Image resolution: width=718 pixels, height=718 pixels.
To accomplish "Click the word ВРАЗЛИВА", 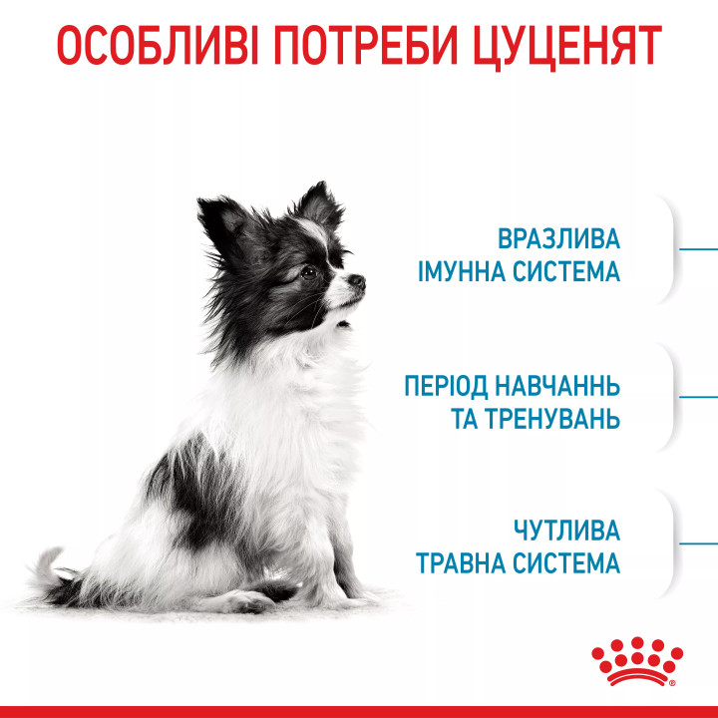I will [558, 240].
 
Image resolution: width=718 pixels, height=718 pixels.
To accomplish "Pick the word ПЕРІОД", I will [446, 386].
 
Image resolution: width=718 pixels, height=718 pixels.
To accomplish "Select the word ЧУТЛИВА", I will [566, 531].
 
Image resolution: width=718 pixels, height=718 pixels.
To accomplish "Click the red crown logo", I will [636, 661].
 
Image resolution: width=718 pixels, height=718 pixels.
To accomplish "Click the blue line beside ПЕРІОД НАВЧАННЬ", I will [698, 396].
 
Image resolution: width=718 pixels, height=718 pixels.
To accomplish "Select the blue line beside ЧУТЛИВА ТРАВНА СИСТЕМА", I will [698, 544].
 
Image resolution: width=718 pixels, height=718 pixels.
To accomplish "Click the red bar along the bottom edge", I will [359, 710].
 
